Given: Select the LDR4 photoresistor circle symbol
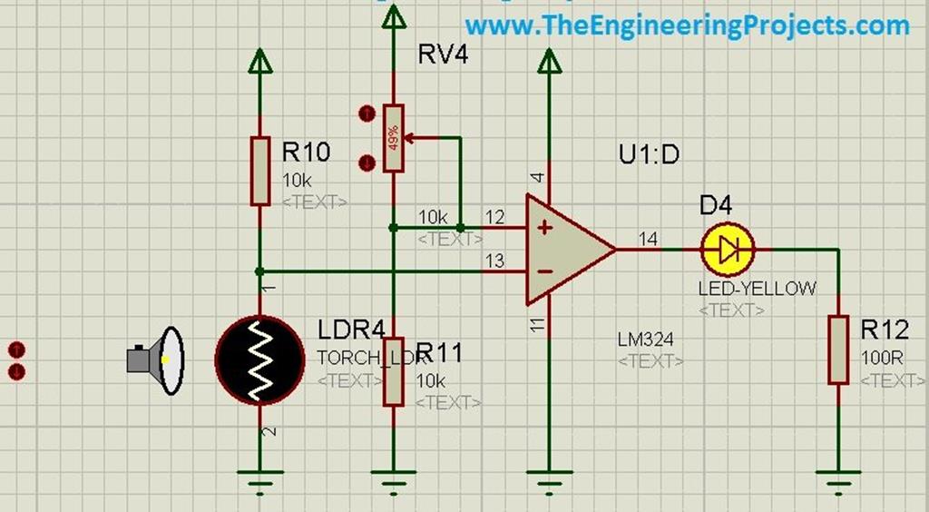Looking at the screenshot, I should pyautogui.click(x=259, y=359).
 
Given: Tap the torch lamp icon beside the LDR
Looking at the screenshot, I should pyautogui.click(x=158, y=360).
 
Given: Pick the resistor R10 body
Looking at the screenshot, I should pyautogui.click(x=260, y=171).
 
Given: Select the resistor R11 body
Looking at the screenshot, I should pyautogui.click(x=393, y=371).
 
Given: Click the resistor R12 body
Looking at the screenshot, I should pyautogui.click(x=837, y=350).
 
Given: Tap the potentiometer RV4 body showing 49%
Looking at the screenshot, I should pyautogui.click(x=393, y=138).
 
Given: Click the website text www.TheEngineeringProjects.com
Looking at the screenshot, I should pyautogui.click(x=687, y=25).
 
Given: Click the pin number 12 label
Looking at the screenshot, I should pyautogui.click(x=494, y=217).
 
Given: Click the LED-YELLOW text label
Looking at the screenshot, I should pyautogui.click(x=757, y=289).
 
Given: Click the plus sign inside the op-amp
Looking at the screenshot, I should pyautogui.click(x=544, y=227).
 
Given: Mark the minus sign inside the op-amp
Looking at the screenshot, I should pyautogui.click(x=544, y=271).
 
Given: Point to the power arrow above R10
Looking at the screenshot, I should pyautogui.click(x=260, y=61).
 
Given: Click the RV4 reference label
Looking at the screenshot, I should pyautogui.click(x=443, y=54).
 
